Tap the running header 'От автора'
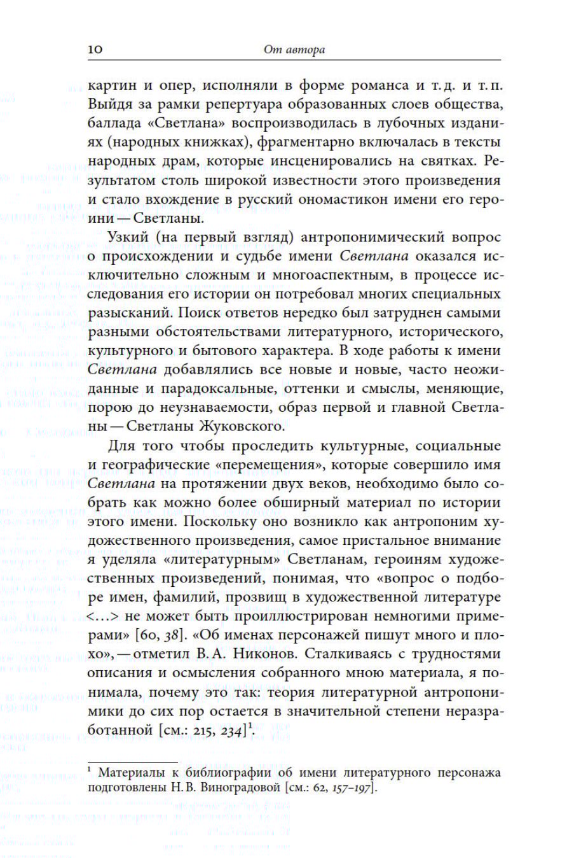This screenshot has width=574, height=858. point(294,50)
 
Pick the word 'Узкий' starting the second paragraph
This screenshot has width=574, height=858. point(129,237)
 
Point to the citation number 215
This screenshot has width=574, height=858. point(198,730)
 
